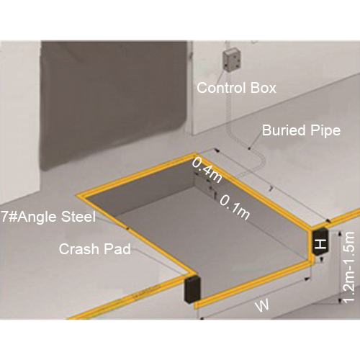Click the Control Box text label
pyautogui.click(x=236, y=88)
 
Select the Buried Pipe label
pyautogui.click(x=301, y=131)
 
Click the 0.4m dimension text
pyautogui.click(x=207, y=171)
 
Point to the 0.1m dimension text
pyautogui.click(x=235, y=207)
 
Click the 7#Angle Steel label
pyautogui.click(x=48, y=217)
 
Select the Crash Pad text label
pyautogui.click(x=95, y=249)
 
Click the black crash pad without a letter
pyautogui.click(x=192, y=289)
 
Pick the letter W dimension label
pyautogui.click(x=262, y=305)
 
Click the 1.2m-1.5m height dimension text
pyautogui.click(x=348, y=267)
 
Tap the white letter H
pyautogui.click(x=320, y=244)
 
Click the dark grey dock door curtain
pyautogui.click(x=113, y=103)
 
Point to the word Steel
pyautogui.click(x=78, y=217)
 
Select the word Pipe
pyautogui.click(x=325, y=131)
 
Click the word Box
pyautogui.click(x=264, y=88)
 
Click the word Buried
pyautogui.click(x=284, y=130)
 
